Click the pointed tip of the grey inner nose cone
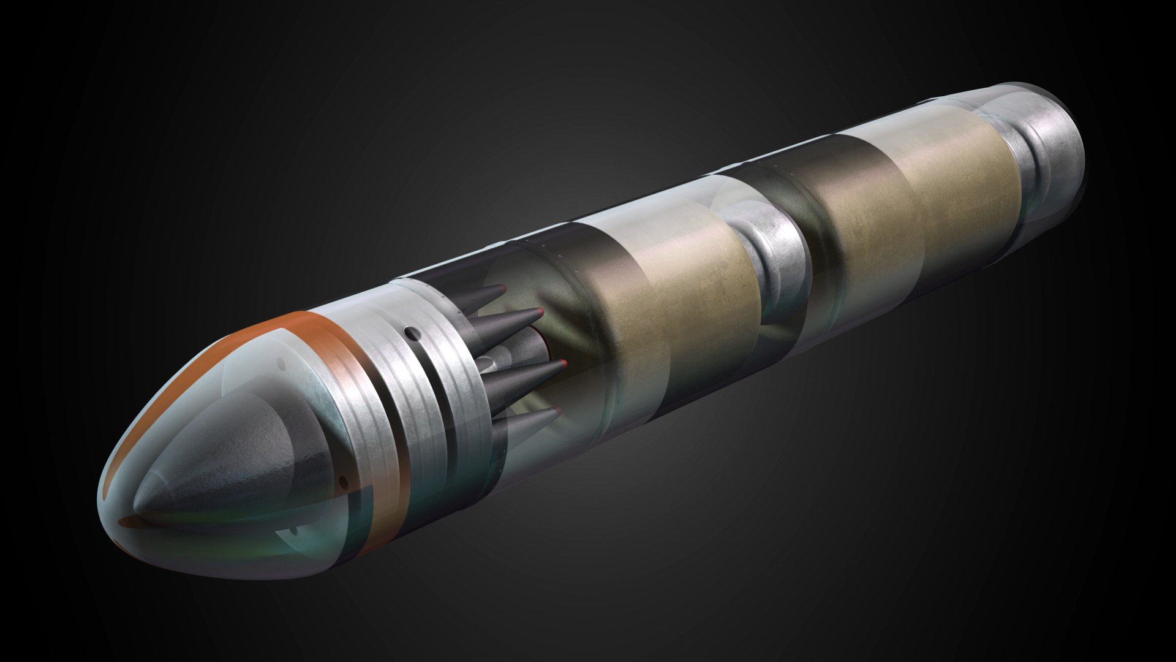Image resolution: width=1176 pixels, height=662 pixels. point(136,508)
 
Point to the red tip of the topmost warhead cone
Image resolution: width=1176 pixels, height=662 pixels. point(503,287)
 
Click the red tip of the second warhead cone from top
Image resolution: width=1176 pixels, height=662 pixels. point(541,313)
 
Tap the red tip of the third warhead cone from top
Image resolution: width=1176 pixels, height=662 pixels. point(562,364)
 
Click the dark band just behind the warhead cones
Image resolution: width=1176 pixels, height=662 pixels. point(570,276)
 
